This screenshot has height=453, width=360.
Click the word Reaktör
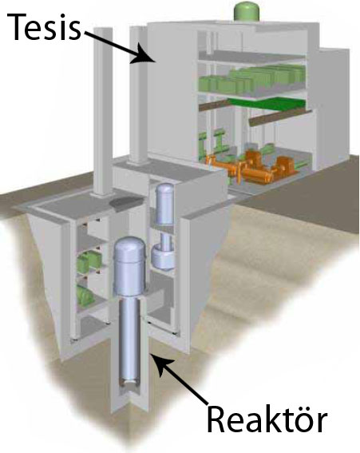[x=267, y=419]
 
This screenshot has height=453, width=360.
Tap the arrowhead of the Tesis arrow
[x=144, y=54]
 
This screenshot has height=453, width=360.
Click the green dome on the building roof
[x=247, y=12]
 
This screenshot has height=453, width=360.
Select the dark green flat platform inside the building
[x=267, y=104]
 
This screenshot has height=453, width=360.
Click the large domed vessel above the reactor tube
[x=129, y=265]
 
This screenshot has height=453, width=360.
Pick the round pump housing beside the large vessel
[x=162, y=257]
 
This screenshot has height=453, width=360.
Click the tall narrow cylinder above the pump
[x=164, y=204]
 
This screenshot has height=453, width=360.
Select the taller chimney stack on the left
[x=102, y=113]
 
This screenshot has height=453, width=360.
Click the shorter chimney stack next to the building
[x=137, y=95]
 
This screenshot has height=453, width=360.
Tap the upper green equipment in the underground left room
[x=87, y=262]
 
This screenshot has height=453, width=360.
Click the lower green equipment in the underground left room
[x=85, y=295]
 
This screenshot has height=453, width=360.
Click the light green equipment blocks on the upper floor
[x=251, y=78]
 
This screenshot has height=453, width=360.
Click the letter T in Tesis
[x=17, y=26]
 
